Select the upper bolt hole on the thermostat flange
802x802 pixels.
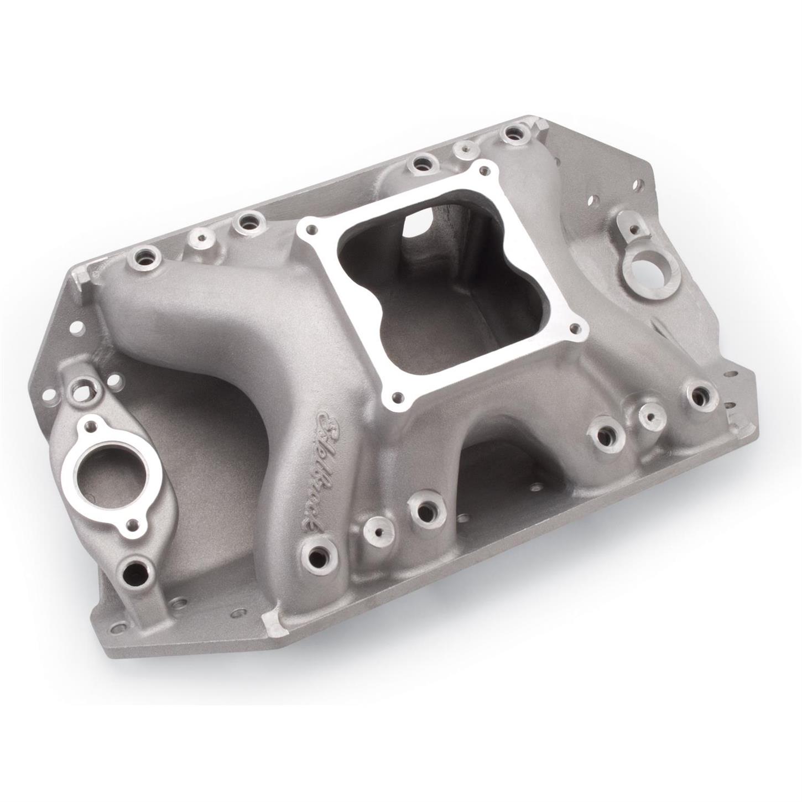tap(88, 426)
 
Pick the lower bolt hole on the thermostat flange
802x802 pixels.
tap(132, 523)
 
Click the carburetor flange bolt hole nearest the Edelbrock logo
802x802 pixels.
tap(396, 396)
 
